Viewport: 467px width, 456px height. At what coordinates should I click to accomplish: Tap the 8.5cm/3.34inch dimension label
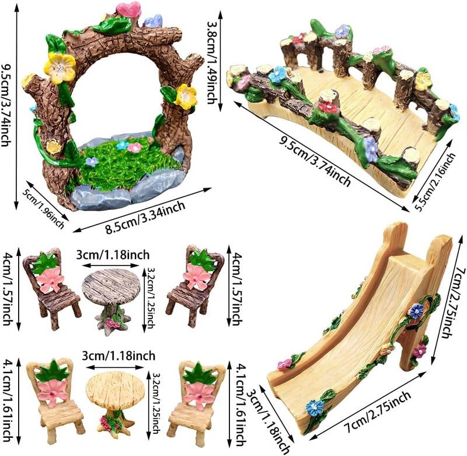[145, 217]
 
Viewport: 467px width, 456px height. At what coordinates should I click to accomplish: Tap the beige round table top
[115, 387]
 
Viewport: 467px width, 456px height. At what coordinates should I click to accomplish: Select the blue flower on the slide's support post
[416, 311]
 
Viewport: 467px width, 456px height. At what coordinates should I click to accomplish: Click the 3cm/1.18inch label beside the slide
[269, 422]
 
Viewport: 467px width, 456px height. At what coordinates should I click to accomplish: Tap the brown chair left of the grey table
[51, 288]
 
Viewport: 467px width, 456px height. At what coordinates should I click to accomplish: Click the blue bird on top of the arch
[154, 21]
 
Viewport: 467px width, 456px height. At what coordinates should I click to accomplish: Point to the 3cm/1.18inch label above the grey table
[113, 255]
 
